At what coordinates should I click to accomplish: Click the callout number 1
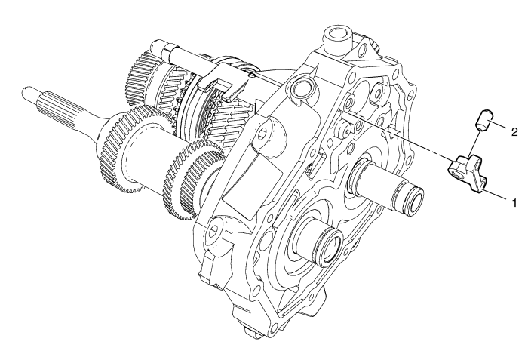(x=514, y=204)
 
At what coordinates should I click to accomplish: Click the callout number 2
(x=514, y=133)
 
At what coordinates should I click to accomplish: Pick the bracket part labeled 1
(x=467, y=174)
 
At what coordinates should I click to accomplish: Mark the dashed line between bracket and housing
(x=400, y=137)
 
